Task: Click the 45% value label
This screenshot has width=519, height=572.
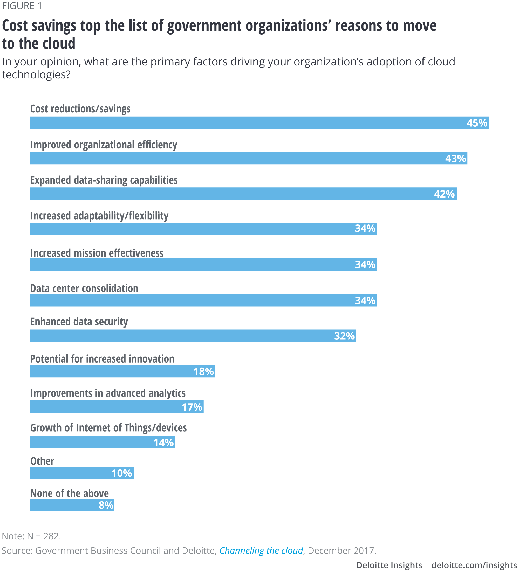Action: click(477, 123)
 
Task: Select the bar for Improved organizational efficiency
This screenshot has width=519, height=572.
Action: click(249, 158)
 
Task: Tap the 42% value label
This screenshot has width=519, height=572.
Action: click(444, 194)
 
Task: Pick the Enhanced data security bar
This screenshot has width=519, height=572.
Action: click(193, 336)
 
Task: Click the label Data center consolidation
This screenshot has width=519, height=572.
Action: click(84, 288)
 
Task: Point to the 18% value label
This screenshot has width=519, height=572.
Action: click(203, 371)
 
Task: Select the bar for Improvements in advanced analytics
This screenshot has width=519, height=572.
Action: click(117, 407)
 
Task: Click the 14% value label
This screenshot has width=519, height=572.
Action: click(163, 442)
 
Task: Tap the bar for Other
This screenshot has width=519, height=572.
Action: click(82, 473)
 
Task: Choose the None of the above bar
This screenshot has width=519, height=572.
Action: click(72, 505)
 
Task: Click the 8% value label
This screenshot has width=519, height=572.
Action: click(106, 505)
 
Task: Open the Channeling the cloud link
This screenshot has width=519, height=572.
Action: click(261, 551)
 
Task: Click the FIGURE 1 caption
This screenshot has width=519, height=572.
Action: click(22, 6)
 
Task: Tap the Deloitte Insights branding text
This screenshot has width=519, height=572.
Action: click(389, 565)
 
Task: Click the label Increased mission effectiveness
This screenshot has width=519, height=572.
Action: click(97, 253)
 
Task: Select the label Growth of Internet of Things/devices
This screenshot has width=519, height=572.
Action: click(108, 428)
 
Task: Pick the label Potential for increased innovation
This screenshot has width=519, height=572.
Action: click(102, 359)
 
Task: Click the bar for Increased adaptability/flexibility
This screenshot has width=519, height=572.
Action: click(203, 229)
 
